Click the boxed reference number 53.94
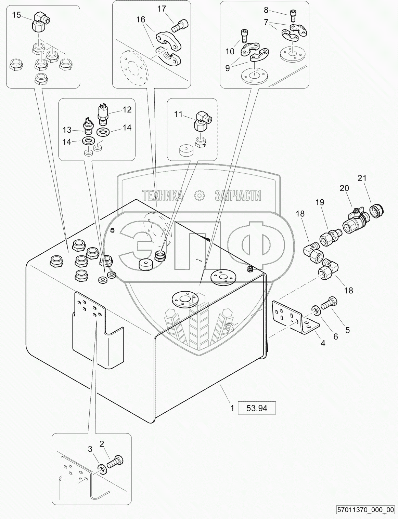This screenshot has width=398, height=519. click(257, 408)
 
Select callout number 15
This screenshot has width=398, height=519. click(16, 15)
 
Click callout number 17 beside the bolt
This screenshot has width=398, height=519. click(162, 9)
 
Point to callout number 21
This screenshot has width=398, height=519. click(362, 178)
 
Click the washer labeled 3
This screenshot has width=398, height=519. click(102, 469)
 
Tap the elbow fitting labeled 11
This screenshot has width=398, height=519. click(202, 122)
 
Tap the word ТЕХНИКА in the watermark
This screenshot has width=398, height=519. click(163, 196)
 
